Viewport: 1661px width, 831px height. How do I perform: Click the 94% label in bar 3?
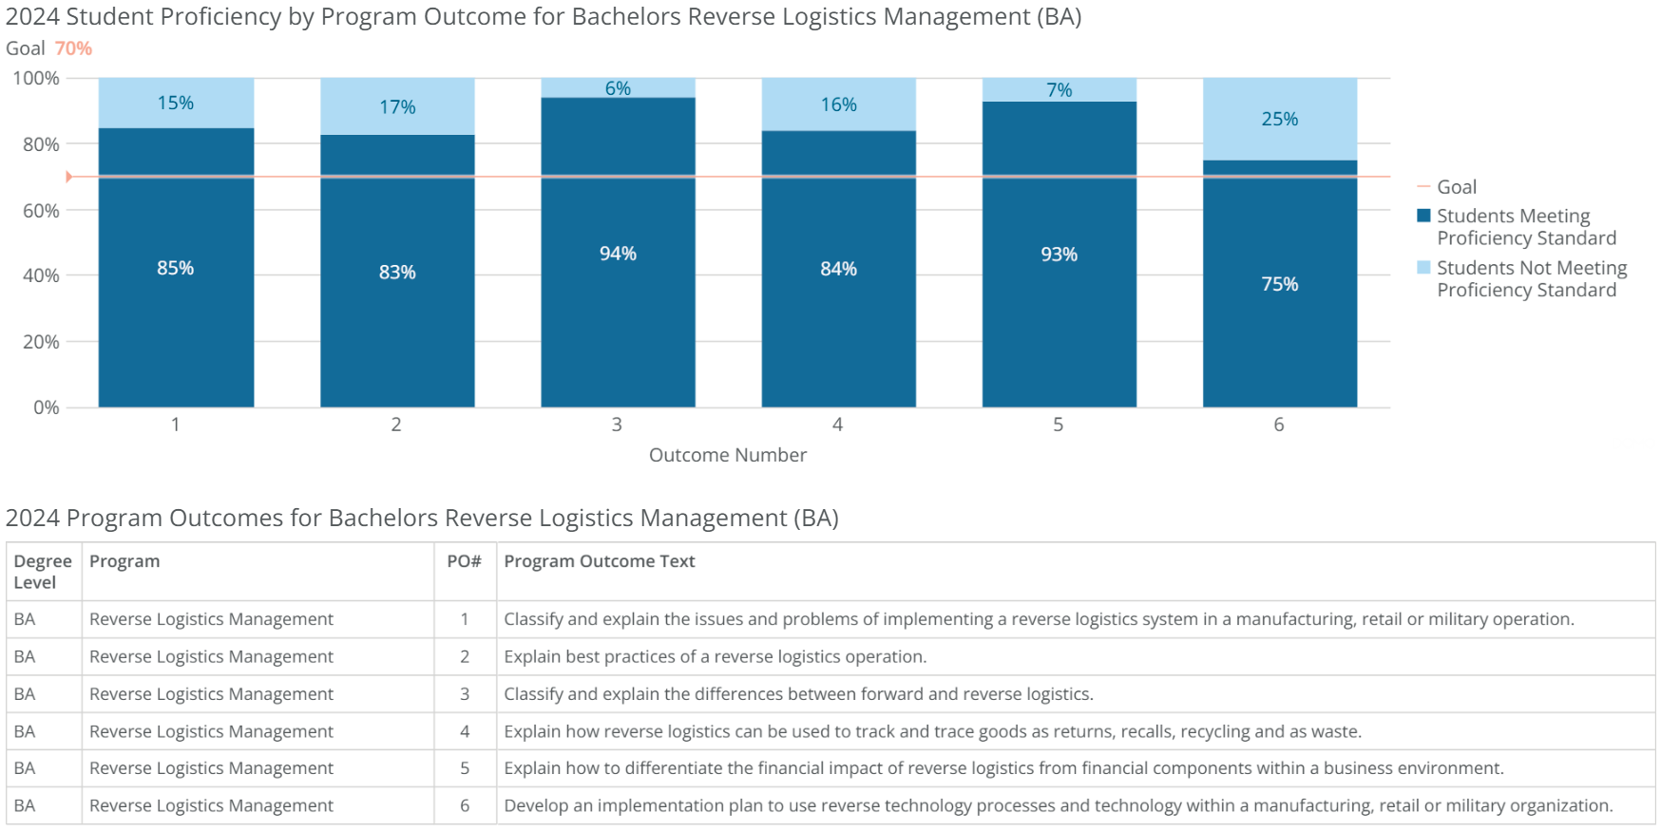click(x=618, y=254)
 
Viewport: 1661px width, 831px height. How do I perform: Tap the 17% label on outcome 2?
click(x=397, y=107)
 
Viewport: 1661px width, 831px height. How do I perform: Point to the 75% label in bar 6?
click(x=1279, y=284)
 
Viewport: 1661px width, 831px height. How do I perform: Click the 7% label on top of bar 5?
click(x=1059, y=90)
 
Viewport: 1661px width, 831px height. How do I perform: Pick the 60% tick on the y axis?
click(x=41, y=210)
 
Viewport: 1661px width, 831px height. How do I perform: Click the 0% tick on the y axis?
click(x=46, y=407)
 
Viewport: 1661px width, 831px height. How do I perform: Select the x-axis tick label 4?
click(x=837, y=425)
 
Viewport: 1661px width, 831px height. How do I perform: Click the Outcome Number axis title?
click(x=727, y=455)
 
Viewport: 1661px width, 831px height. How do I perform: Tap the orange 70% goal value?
click(x=73, y=48)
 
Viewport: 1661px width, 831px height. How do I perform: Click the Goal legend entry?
click(x=1456, y=187)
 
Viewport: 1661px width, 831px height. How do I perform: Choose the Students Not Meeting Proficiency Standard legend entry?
click(x=1531, y=279)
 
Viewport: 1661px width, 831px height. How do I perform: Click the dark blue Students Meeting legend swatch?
click(x=1423, y=216)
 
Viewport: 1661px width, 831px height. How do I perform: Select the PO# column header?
click(x=464, y=561)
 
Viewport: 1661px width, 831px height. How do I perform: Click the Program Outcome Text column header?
click(x=599, y=561)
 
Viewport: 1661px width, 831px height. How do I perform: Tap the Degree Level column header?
click(x=42, y=572)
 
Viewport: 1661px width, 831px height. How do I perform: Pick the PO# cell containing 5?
click(x=464, y=768)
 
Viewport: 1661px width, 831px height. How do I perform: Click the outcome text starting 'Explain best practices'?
click(x=715, y=656)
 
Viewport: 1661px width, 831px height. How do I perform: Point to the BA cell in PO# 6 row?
click(x=25, y=805)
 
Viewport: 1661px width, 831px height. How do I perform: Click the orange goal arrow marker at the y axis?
click(x=68, y=177)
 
